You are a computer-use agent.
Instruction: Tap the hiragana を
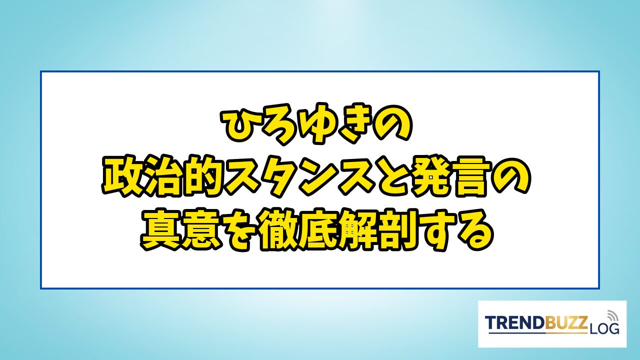click(239, 230)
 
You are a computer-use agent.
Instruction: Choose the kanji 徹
click(278, 230)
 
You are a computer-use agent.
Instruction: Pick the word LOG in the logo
click(603, 328)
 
